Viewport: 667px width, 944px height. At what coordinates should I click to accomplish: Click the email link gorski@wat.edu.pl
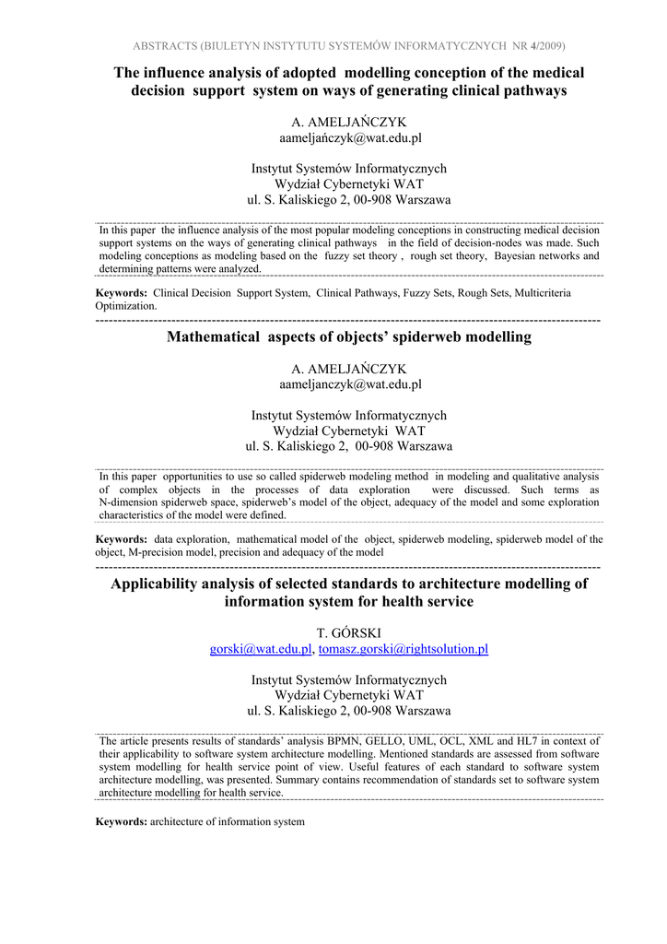click(261, 649)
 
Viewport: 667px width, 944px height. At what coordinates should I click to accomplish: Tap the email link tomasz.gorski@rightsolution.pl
click(403, 649)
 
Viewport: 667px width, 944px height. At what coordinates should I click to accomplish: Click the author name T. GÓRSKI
click(349, 632)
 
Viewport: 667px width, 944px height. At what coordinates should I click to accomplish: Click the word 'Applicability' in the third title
click(160, 584)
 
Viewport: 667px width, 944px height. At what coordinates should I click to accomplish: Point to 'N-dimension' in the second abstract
click(131, 502)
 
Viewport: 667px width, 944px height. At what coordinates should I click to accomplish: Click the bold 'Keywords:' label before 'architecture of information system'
click(122, 821)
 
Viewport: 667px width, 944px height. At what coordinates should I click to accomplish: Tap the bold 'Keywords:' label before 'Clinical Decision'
click(122, 293)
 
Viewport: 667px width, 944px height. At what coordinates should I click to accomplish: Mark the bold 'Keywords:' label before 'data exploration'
click(122, 539)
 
